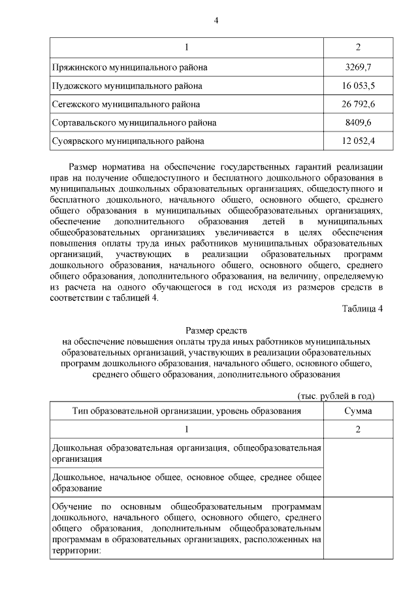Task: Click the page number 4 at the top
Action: coord(216,20)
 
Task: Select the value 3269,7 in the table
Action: coord(358,67)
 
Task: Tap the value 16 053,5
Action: coord(358,86)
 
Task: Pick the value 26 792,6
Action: coord(358,104)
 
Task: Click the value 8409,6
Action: coord(358,122)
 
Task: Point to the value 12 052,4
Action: coord(358,141)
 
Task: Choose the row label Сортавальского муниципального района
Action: coord(134,122)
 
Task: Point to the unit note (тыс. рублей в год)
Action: coord(336,396)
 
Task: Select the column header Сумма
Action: coord(358,411)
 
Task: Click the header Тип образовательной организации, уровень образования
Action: coord(186,411)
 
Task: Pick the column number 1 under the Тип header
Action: coord(186,429)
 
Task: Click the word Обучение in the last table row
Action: coord(70,507)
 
